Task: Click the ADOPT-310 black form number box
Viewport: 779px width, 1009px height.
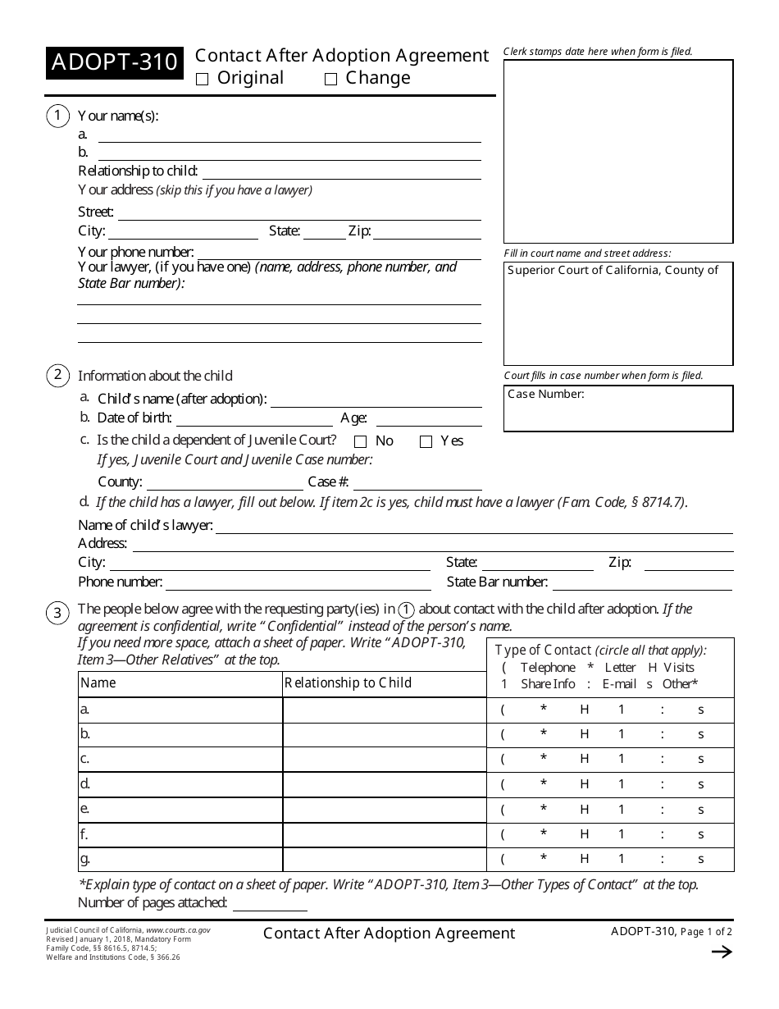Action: coord(113,63)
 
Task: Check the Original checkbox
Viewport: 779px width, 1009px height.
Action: coord(203,80)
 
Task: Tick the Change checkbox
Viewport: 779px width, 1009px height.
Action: coord(331,80)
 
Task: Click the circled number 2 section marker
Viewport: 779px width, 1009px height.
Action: coord(57,376)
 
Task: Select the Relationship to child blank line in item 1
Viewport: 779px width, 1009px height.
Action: coord(341,172)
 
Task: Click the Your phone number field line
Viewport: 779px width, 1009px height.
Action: coord(339,253)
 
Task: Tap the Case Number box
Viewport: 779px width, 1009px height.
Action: coord(618,409)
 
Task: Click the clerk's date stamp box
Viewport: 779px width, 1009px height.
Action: coord(618,152)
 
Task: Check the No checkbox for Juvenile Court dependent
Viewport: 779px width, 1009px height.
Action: coord(360,442)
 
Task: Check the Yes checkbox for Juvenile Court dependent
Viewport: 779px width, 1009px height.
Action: coord(426,442)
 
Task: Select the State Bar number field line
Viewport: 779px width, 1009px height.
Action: coord(642,583)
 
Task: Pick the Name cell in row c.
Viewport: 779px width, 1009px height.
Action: coord(180,759)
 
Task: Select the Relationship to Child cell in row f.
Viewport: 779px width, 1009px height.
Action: coord(384,834)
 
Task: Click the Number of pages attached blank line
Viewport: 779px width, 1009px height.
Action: coord(270,904)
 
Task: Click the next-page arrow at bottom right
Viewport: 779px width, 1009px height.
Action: coord(721,952)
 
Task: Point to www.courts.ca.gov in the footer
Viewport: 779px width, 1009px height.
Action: coord(178,930)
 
